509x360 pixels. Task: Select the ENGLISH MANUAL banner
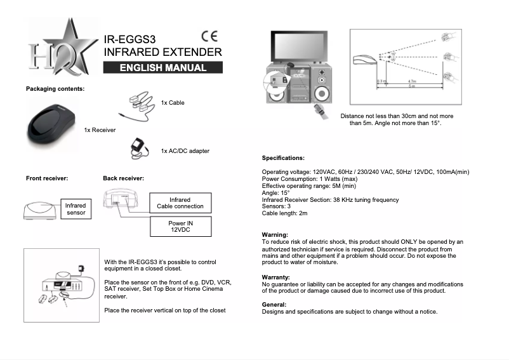coord(163,68)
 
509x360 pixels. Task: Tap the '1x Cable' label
coord(173,102)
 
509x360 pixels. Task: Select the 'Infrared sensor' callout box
coord(76,209)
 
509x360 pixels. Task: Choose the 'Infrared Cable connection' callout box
coord(181,203)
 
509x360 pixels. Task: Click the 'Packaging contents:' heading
coord(55,88)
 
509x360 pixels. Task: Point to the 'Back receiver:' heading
coord(123,178)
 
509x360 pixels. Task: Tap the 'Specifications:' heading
coord(283,157)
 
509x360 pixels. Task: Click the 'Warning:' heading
coord(275,235)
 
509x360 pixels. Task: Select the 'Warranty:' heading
coord(276,277)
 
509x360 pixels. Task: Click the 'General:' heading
coord(275,305)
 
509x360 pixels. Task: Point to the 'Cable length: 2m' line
coord(285,213)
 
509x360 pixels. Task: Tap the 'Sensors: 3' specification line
coord(277,206)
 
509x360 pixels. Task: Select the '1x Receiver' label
coord(100,130)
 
